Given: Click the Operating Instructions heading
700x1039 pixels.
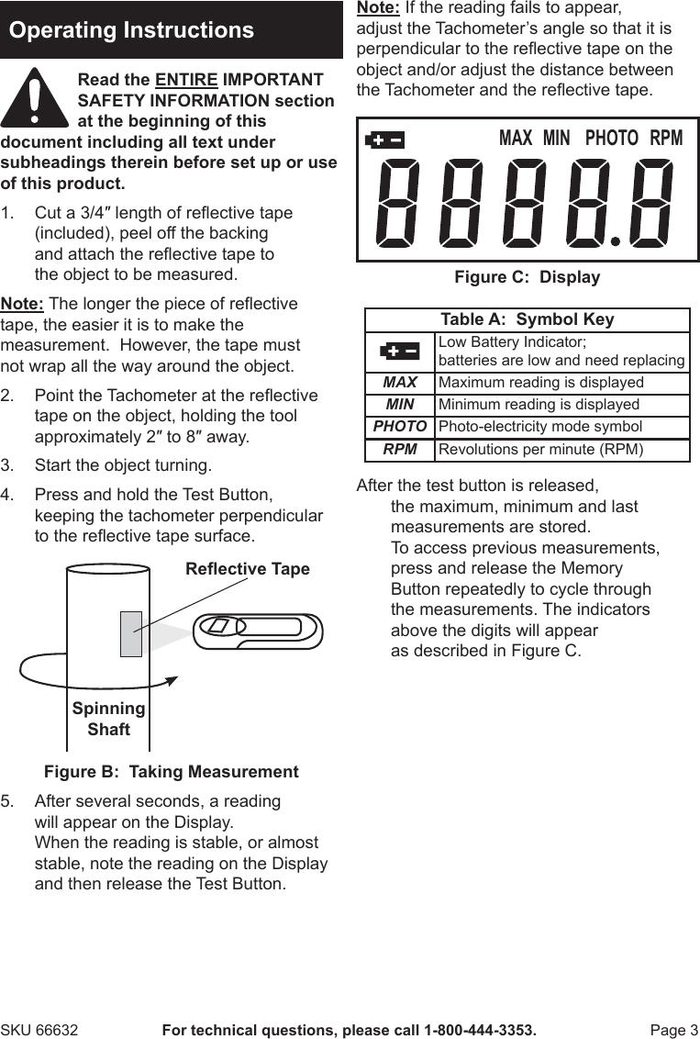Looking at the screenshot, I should pyautogui.click(x=131, y=30).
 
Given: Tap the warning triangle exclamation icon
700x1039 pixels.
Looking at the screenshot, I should pyautogui.click(x=34, y=98).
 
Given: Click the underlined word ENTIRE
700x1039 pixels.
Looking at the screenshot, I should pyautogui.click(x=186, y=80).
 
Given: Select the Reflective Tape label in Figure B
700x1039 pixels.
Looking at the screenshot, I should pyautogui.click(x=247, y=569).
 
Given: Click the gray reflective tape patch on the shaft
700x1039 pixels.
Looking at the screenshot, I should pyautogui.click(x=130, y=633).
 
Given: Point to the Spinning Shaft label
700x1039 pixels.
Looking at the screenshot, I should pyautogui.click(x=108, y=719).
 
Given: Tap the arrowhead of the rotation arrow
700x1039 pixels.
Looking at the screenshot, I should pyautogui.click(x=169, y=680).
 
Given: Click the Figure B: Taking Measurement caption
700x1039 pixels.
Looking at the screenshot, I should pyautogui.click(x=172, y=772).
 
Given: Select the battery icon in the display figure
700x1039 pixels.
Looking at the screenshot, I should pyautogui.click(x=384, y=140).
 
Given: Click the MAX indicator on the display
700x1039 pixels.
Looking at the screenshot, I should pyautogui.click(x=515, y=139).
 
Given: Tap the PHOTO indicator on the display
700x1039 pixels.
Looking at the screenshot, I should pyautogui.click(x=611, y=139).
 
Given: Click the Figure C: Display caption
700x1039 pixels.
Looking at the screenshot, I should pyautogui.click(x=527, y=277).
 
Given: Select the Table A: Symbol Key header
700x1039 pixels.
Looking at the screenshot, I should pyautogui.click(x=527, y=319).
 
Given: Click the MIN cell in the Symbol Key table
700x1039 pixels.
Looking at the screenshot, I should pyautogui.click(x=399, y=405).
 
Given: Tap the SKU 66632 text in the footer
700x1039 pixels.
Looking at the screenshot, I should pyautogui.click(x=39, y=1030).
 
